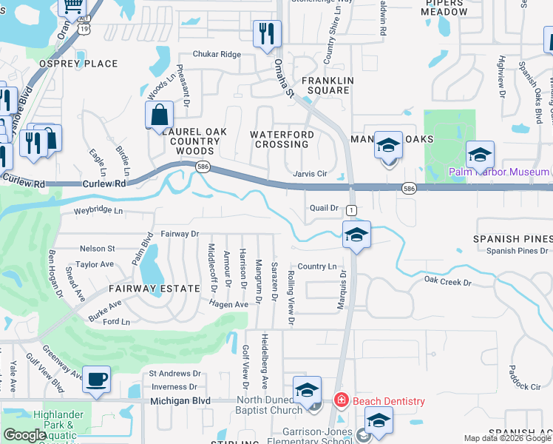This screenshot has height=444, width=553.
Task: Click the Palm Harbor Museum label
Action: (499, 172)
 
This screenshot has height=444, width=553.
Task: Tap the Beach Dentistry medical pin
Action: (342, 401)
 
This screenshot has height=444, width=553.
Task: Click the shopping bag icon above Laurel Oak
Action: (159, 115)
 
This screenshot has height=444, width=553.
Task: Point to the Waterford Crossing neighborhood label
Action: (282, 139)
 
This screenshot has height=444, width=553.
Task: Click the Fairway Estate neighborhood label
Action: (155, 289)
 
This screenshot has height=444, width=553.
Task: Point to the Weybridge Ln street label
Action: (98, 212)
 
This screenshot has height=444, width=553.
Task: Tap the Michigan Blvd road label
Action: (180, 401)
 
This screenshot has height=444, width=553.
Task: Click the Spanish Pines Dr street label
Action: (517, 251)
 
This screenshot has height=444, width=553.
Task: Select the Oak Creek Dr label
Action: (447, 282)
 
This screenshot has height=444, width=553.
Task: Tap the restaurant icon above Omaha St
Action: (267, 34)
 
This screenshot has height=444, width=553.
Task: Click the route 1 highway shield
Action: (351, 210)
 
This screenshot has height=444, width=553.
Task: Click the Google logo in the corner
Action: (24, 435)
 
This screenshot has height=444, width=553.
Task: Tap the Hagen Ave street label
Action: (228, 304)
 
